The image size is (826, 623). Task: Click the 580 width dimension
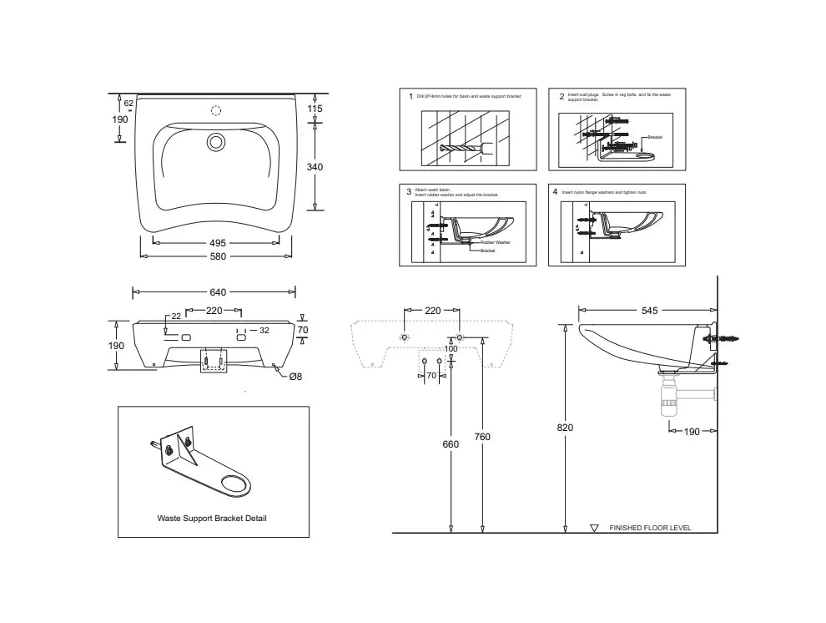(217, 256)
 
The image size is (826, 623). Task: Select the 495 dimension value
(217, 242)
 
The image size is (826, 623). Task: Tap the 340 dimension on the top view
(315, 167)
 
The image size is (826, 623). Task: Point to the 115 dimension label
(315, 109)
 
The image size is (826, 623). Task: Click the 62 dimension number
(129, 104)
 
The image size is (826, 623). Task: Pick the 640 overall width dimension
(217, 292)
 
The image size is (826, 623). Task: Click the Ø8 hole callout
(295, 377)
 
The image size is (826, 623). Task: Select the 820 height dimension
(565, 427)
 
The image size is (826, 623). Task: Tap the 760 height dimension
(482, 437)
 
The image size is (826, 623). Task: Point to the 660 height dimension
(451, 444)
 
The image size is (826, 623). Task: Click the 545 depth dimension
(649, 311)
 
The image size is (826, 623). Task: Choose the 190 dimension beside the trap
(692, 432)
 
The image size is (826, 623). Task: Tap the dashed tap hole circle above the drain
(216, 110)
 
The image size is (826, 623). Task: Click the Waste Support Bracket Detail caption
(212, 518)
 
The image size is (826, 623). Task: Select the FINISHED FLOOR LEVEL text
(650, 528)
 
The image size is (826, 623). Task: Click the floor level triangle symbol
(594, 528)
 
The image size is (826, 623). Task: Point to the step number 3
(409, 191)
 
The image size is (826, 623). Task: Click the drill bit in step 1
(464, 150)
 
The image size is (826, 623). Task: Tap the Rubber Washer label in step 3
(495, 242)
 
